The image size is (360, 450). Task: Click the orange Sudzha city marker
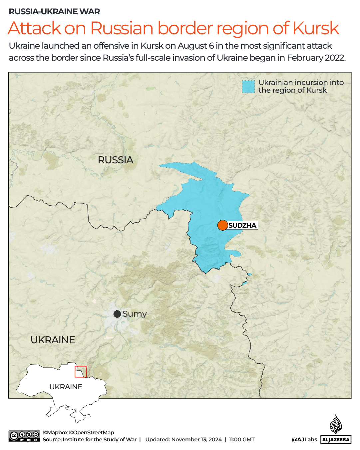point(222,225)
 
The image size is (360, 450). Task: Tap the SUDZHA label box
point(242,225)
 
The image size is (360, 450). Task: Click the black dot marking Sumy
point(117,314)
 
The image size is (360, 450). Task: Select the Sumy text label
point(135,314)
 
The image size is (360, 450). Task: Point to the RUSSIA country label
point(116,160)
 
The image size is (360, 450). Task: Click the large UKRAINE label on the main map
point(53,340)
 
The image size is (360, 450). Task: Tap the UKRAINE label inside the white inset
point(66,387)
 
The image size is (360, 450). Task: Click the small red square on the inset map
point(81,372)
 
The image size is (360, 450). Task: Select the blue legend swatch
point(248,87)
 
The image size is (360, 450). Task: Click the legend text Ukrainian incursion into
point(301,82)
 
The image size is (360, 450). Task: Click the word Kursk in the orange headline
point(316,28)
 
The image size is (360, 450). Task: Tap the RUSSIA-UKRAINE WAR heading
point(54,12)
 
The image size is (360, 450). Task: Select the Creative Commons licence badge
point(24,436)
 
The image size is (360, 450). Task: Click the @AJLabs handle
point(304,440)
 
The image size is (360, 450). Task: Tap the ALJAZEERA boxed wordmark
point(336,440)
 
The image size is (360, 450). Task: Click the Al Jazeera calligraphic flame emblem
point(336,424)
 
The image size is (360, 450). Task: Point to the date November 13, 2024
point(196,440)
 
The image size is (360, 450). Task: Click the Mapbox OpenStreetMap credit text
point(79,433)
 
